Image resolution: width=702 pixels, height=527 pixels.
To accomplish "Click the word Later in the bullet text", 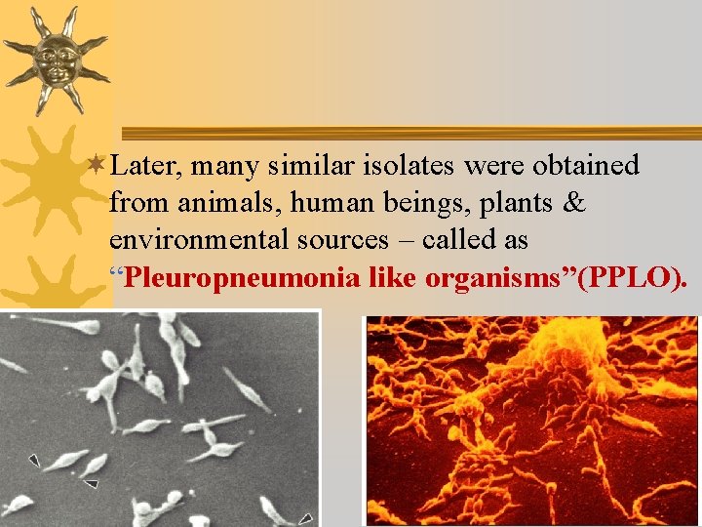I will click(146, 167).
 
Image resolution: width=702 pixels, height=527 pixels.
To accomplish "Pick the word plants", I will click(514, 204).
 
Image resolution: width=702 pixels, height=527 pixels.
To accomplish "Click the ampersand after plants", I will click(574, 204).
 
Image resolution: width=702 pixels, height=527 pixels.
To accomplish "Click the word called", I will click(423, 241).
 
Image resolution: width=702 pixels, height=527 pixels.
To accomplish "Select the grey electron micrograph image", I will click(160, 418).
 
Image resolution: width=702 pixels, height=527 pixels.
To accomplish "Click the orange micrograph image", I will click(531, 420).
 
